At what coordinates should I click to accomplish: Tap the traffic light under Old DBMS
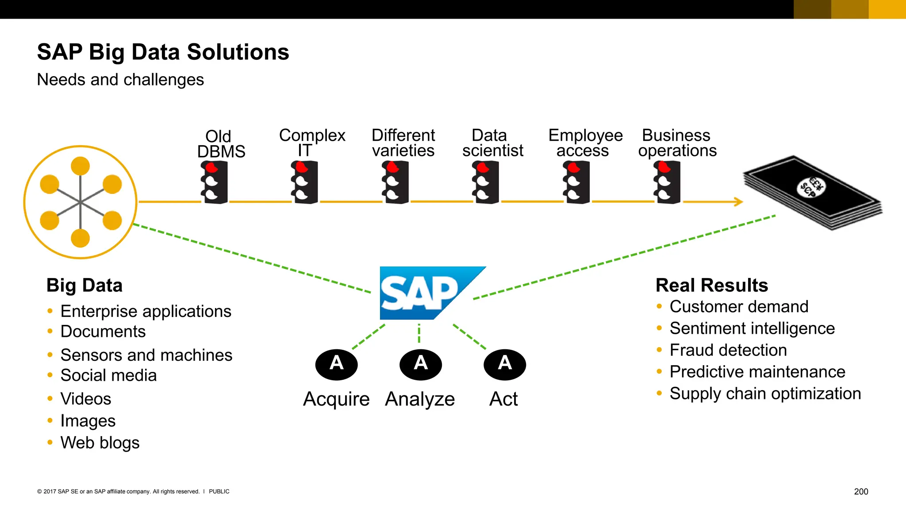tap(215, 182)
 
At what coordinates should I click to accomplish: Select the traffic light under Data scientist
tap(486, 182)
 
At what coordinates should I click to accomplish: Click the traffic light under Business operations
tap(667, 182)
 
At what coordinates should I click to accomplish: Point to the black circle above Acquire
tap(336, 364)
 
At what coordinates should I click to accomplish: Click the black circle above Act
tap(504, 364)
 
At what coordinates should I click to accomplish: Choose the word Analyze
tap(420, 399)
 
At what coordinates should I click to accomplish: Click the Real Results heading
tap(711, 285)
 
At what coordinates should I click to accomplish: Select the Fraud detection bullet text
tap(728, 350)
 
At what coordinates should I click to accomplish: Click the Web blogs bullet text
tap(100, 443)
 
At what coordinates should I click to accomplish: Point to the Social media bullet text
tap(108, 375)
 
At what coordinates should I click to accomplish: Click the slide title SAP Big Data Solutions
tap(163, 52)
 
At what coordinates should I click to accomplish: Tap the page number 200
tap(860, 491)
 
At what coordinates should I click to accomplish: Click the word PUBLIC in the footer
tap(219, 491)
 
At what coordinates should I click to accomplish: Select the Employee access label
tap(585, 143)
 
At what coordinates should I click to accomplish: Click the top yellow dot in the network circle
tap(80, 166)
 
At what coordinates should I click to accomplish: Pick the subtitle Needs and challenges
tap(120, 80)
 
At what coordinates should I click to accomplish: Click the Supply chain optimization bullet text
tap(765, 394)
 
